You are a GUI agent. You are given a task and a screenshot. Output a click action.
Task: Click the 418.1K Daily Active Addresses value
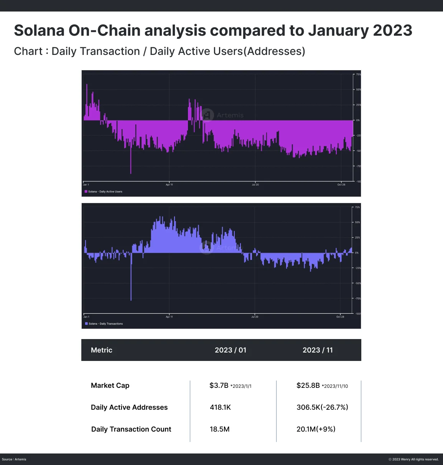point(220,407)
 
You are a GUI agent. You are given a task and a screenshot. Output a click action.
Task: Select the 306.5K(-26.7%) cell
point(322,407)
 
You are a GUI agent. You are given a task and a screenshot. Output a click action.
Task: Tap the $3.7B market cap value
point(219,386)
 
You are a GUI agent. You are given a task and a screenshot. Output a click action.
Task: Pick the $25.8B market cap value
point(308,386)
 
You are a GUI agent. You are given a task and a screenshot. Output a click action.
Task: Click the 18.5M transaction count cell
point(219,429)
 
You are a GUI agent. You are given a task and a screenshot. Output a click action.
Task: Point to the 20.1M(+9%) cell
point(316,429)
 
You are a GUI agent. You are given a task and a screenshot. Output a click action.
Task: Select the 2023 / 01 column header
point(230,350)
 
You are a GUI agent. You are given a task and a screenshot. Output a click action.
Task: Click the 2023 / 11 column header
point(318,350)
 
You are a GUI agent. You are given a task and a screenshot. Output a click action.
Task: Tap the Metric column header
point(102,350)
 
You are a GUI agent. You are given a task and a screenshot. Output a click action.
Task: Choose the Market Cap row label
point(110,386)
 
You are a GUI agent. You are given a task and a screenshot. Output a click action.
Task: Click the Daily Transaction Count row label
point(131,429)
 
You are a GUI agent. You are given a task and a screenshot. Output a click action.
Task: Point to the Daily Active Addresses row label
point(129,407)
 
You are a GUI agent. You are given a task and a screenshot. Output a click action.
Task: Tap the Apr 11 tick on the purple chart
point(169,185)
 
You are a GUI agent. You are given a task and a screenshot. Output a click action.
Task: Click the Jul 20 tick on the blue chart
point(255,317)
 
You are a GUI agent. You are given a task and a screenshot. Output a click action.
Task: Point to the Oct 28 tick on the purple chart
point(341,185)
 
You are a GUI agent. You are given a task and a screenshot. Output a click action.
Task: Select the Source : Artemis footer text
point(14,459)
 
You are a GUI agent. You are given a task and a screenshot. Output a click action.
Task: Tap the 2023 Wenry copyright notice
point(413,459)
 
